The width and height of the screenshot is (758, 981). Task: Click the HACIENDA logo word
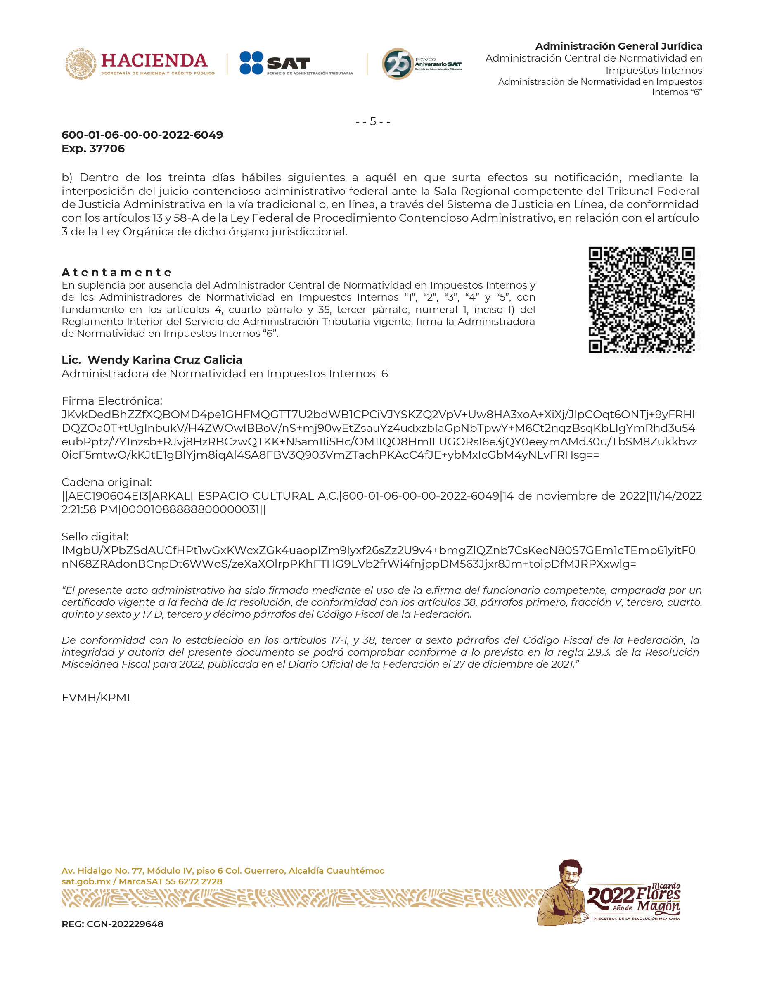coord(154,61)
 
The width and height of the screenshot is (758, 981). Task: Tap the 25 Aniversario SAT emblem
coord(421,64)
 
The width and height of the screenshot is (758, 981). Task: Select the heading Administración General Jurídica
coord(618,46)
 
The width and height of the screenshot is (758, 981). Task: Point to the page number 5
coord(373,122)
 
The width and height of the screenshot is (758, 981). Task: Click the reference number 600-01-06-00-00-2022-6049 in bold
coord(142,135)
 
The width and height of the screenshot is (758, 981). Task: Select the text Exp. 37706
coord(93,149)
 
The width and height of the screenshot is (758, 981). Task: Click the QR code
coord(642,300)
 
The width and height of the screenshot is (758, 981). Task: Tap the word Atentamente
coord(117,272)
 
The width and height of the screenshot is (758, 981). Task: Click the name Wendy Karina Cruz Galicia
coord(165,360)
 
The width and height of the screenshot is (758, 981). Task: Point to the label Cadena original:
coord(107,482)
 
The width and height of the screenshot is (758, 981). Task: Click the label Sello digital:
coord(95,537)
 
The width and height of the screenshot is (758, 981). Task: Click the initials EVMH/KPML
coord(97,698)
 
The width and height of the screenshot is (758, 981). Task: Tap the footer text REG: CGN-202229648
coord(112,924)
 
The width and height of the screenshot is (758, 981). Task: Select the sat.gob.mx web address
coord(86,881)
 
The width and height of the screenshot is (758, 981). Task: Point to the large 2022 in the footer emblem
coord(610,896)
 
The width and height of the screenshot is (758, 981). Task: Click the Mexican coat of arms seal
coord(81,63)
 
